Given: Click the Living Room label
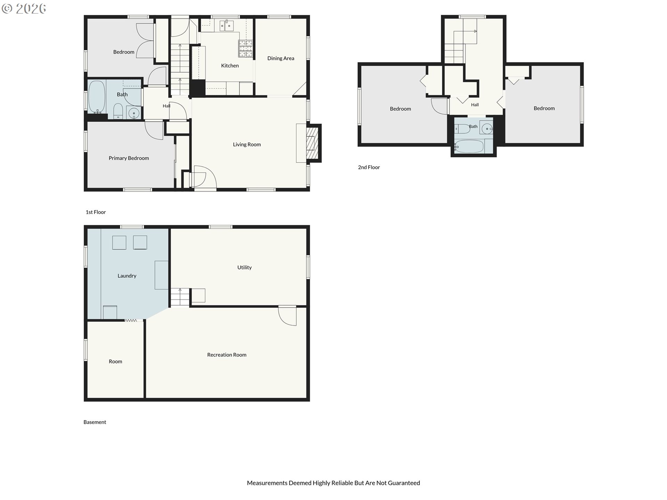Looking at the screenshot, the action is pyautogui.click(x=247, y=144).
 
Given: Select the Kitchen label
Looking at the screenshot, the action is pyautogui.click(x=230, y=66).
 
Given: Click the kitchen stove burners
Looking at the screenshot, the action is pyautogui.click(x=245, y=48).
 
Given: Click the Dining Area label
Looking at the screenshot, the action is pyautogui.click(x=281, y=58).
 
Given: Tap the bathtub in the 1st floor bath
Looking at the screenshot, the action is pyautogui.click(x=97, y=97).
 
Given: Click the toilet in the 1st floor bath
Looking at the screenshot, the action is pyautogui.click(x=118, y=111).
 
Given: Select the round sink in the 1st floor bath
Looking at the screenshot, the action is pyautogui.click(x=133, y=113).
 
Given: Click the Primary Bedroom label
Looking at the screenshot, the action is pyautogui.click(x=129, y=158).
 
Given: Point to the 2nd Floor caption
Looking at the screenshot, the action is pyautogui.click(x=369, y=167).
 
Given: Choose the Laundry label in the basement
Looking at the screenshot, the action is pyautogui.click(x=127, y=276).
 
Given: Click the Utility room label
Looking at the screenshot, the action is pyautogui.click(x=244, y=267).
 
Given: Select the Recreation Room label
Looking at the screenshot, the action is pyautogui.click(x=227, y=355).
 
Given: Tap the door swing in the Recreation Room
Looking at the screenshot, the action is pyautogui.click(x=288, y=316).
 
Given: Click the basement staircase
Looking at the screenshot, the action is pyautogui.click(x=180, y=298).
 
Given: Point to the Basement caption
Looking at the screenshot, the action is pyautogui.click(x=95, y=422).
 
